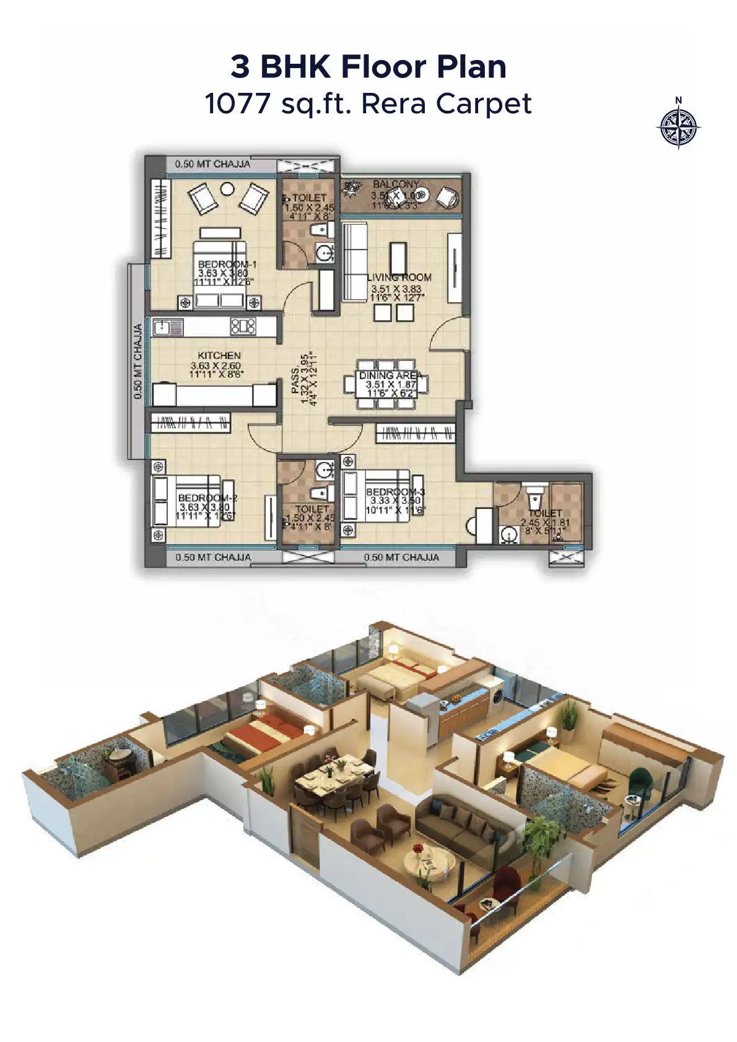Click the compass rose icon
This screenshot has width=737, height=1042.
pyautogui.click(x=678, y=128)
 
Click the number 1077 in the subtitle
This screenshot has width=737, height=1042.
pyautogui.click(x=237, y=103)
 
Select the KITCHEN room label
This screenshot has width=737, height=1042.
pyautogui.click(x=219, y=355)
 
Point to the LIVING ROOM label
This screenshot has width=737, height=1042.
pyautogui.click(x=399, y=277)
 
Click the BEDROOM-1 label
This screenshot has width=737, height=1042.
pyautogui.click(x=227, y=264)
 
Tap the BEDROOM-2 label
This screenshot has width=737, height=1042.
pyautogui.click(x=207, y=498)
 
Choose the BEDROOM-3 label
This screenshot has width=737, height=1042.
pyautogui.click(x=395, y=492)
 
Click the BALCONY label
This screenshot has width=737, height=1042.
pyautogui.click(x=396, y=184)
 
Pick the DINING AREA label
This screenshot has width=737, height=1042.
pyautogui.click(x=390, y=375)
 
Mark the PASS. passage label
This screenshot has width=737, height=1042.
pyautogui.click(x=296, y=379)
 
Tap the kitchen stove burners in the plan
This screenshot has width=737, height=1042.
pyautogui.click(x=243, y=326)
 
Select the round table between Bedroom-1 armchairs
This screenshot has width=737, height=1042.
pyautogui.click(x=228, y=189)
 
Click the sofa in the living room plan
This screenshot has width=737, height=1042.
pyautogui.click(x=355, y=263)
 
